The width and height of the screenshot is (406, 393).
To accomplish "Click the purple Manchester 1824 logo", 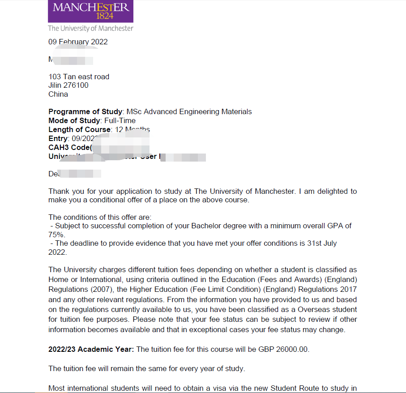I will [90, 11].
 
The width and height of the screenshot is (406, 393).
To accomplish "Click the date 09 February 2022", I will [78, 42].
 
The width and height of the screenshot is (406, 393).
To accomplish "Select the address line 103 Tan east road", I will [79, 77].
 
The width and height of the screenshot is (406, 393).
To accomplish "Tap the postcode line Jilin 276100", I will [68, 85].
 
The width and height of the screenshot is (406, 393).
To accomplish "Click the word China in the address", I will [58, 94].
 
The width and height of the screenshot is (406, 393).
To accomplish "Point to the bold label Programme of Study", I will [85, 112].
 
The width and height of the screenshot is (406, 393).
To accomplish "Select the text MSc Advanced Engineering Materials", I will [189, 112].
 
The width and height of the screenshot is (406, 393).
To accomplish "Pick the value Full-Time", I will [120, 121].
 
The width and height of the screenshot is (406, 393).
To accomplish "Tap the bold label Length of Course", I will [79, 130].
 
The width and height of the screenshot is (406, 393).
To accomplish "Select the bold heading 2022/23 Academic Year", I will [91, 349].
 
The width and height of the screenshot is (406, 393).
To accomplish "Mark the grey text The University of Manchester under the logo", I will [90, 28].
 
